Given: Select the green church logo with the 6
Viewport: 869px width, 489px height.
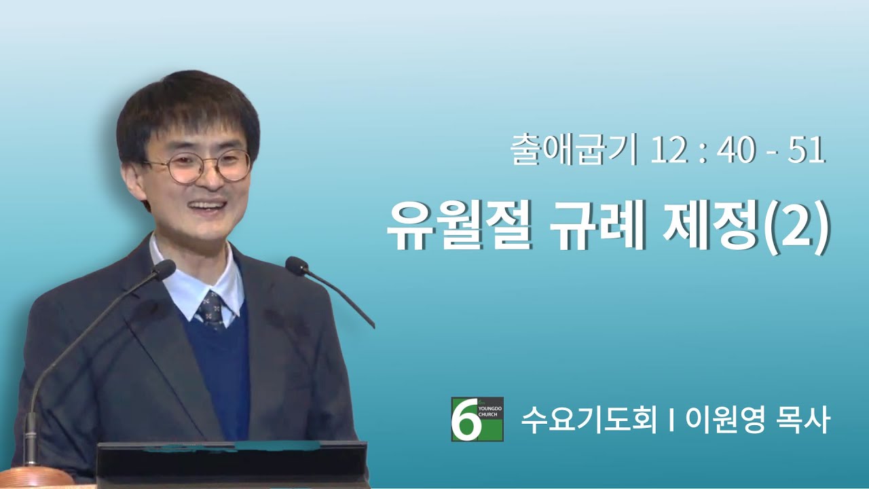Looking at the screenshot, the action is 477,419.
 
